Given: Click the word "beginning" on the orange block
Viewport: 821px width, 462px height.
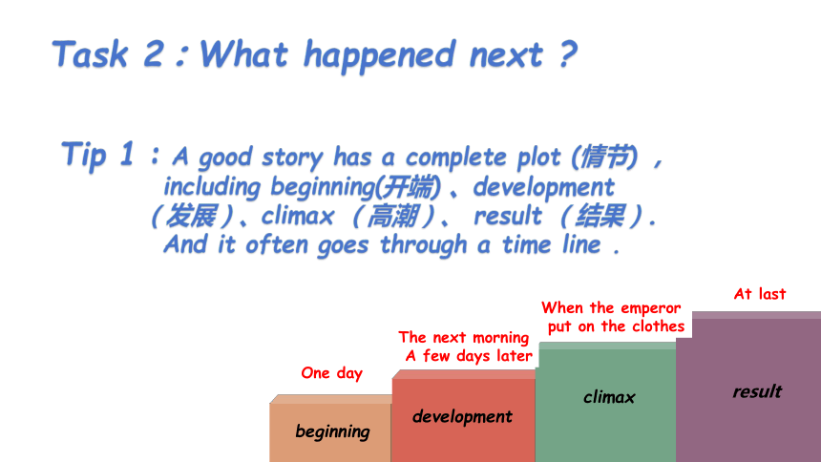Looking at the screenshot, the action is click(332, 432).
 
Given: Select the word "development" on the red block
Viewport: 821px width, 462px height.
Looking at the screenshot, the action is click(462, 417).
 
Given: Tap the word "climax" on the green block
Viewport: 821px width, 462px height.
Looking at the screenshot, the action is click(609, 397).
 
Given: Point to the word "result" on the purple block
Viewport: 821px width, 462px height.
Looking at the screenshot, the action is click(757, 391).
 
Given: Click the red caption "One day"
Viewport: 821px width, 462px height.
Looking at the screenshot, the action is click(331, 373).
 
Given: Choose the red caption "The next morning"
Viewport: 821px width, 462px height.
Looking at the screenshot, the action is click(463, 338).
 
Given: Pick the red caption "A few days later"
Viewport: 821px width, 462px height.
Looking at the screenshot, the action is click(469, 356).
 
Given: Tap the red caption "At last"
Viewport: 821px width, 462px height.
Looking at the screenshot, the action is click(760, 294).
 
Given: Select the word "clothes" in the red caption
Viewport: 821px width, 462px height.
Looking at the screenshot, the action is click(658, 326).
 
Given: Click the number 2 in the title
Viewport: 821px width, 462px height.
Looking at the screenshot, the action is click(154, 54).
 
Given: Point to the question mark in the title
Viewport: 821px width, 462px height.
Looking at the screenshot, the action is click(568, 54).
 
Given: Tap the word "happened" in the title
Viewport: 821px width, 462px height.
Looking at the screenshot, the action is click(380, 56).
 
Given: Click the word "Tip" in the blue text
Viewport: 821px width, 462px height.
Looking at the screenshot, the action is click(84, 156).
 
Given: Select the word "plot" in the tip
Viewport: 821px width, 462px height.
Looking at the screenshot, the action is click(538, 157).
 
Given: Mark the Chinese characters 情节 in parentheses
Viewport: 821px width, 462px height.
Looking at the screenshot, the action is click(604, 157).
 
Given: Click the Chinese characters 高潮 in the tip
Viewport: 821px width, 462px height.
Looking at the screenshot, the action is click(392, 216).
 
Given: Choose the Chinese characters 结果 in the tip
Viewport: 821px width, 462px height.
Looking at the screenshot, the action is click(600, 216).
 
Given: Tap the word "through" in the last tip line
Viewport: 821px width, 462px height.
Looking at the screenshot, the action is click(423, 244).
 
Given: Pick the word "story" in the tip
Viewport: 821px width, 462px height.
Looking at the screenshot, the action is click(293, 157).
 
